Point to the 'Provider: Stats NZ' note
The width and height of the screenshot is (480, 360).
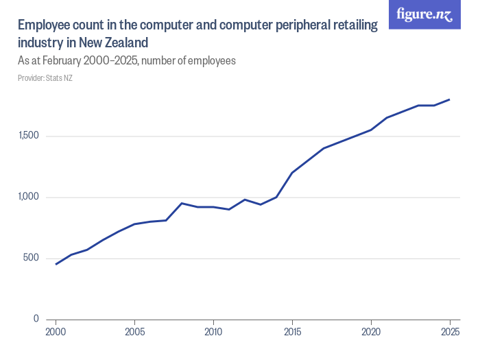tap(45, 78)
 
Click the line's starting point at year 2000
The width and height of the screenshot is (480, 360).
tap(56, 264)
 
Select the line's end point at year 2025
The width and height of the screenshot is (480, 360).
tap(450, 99)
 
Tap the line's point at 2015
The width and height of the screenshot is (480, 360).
tap(292, 173)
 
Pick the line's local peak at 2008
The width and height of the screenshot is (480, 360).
tap(182, 203)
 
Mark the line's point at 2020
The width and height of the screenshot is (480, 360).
tap(371, 130)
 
